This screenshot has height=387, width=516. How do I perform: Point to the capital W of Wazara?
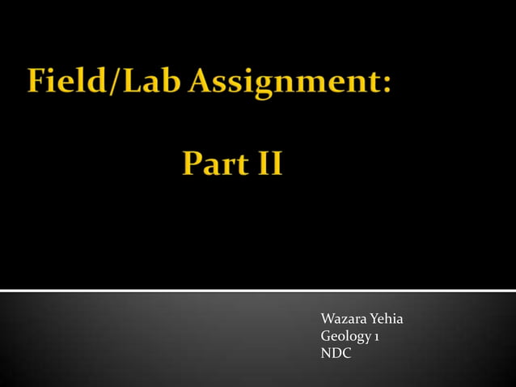[328, 321]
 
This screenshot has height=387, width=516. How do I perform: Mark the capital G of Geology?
[326, 337]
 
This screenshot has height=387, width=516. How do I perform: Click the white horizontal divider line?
[258, 290]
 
